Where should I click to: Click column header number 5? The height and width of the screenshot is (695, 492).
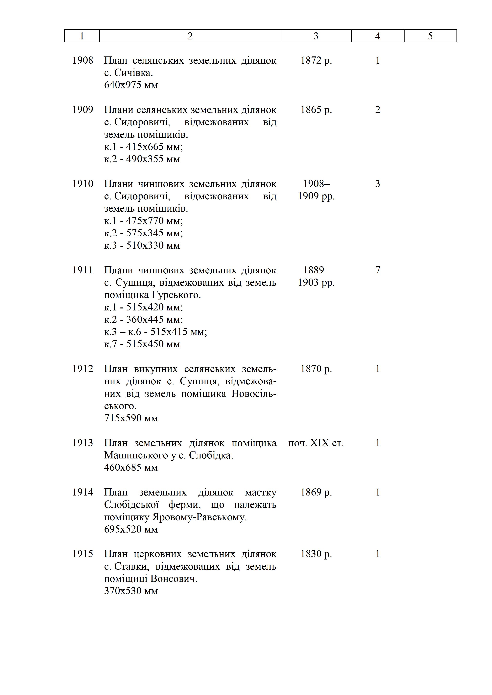coord(430,36)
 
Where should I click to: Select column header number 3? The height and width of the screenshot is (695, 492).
coord(316,36)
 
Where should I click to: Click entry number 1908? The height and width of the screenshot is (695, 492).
coord(83,60)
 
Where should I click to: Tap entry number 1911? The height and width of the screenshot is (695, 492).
coord(83,270)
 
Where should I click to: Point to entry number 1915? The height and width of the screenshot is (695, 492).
coord(83,554)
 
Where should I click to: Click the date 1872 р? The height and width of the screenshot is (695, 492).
coord(316,60)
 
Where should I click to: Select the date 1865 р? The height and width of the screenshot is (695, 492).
coord(316,110)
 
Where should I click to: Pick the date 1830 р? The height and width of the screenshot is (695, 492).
coord(316,554)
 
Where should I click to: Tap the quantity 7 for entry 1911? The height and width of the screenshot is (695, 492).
coord(378,270)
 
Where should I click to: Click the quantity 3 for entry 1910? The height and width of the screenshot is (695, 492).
coord(378,184)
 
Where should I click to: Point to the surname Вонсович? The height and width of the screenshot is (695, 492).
coord(174,579)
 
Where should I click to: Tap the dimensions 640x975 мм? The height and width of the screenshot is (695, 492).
coord(131,85)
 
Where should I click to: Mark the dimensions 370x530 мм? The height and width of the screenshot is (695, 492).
coord(131,591)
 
